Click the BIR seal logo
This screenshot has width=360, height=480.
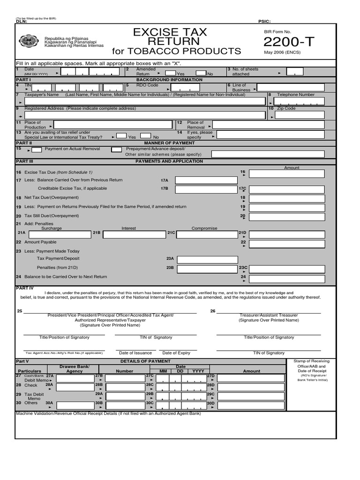[x=30, y=41]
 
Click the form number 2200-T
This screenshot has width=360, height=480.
[x=289, y=42]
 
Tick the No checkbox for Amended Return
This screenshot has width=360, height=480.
[x=201, y=73]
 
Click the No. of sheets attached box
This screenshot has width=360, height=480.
[x=295, y=72]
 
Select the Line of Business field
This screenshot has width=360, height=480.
[x=290, y=87]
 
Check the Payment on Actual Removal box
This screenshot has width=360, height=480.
[x=37, y=149]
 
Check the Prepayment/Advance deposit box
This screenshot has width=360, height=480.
[x=116, y=149]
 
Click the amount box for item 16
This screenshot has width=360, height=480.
[x=286, y=174]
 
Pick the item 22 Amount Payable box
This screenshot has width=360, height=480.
[x=286, y=244]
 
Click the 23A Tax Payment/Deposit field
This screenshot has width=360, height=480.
[x=204, y=260]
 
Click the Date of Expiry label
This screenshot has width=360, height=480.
[x=176, y=353]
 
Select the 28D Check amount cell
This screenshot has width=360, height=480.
[x=250, y=386]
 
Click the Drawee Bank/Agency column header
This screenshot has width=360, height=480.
[x=75, y=368]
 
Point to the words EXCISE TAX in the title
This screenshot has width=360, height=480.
[x=170, y=32]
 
